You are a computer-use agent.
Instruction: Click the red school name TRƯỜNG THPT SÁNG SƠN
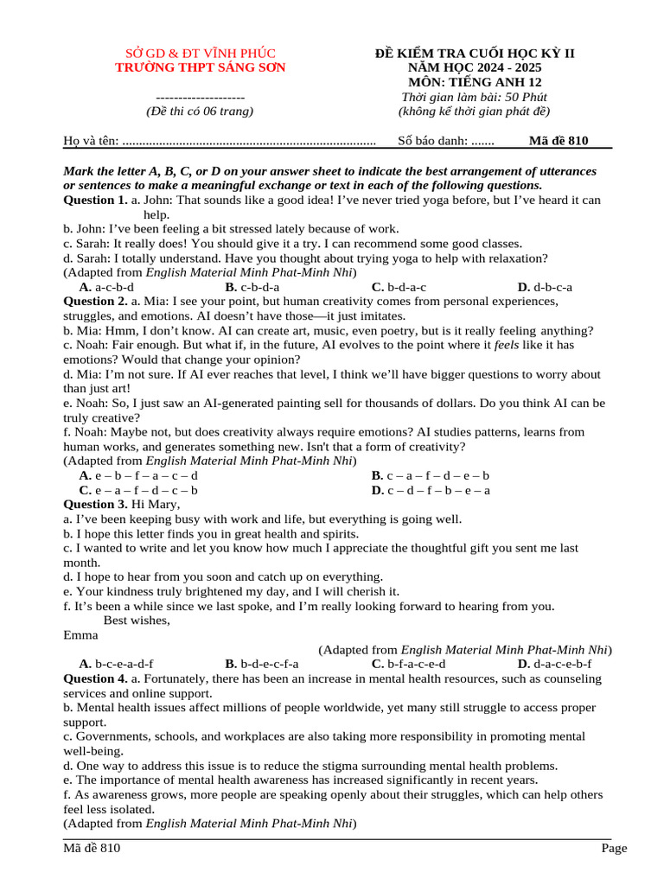point(201,67)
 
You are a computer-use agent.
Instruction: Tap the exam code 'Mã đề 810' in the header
point(559,141)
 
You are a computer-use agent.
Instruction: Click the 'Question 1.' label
point(96,200)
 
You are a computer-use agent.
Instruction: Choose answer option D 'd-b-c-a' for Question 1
point(545,287)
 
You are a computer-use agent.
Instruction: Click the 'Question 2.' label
point(96,302)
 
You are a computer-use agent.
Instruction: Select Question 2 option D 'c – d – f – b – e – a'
point(431,490)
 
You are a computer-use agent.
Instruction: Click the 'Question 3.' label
point(96,504)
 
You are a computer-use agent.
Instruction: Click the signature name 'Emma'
point(80,635)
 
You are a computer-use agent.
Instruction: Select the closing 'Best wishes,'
point(137,621)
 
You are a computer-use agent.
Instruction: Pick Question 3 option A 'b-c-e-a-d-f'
point(116,664)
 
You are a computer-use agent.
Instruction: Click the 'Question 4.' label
point(96,678)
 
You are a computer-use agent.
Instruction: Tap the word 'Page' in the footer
point(614,849)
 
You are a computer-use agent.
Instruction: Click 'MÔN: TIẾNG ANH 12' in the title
point(475,82)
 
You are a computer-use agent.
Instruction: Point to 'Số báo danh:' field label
point(433,141)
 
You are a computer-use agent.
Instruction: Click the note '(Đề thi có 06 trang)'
point(200,111)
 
